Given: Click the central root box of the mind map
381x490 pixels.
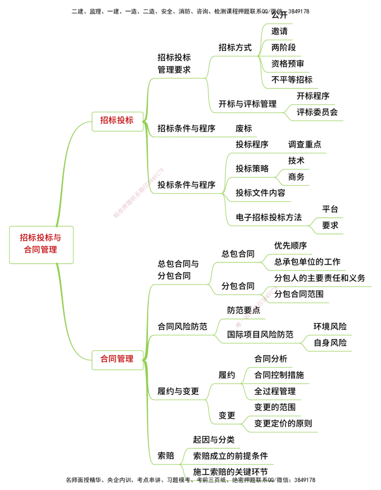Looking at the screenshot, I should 42,245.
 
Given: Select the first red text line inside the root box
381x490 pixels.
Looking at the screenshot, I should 42,238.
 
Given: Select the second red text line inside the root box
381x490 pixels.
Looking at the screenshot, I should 42,249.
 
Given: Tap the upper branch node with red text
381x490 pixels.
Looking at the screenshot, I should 116,120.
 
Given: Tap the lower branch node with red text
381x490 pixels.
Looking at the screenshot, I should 116,360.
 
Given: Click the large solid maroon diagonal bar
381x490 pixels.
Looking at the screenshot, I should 138,193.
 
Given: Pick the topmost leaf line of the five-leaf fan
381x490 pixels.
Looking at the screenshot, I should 279,24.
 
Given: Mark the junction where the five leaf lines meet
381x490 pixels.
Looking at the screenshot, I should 261,56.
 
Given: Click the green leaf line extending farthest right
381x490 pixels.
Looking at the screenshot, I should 324,288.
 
